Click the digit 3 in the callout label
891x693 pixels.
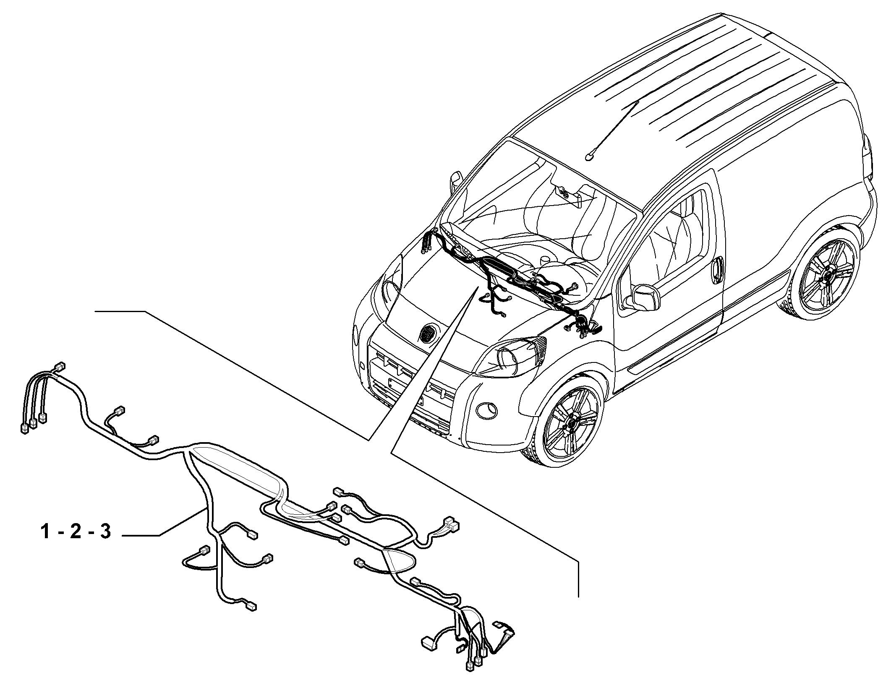point(105,532)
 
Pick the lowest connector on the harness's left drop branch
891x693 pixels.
point(251,607)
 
